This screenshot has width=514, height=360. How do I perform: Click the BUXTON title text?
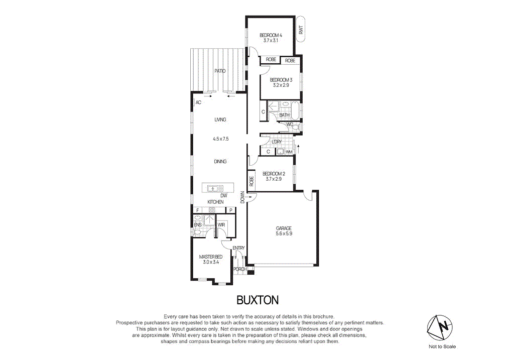258,300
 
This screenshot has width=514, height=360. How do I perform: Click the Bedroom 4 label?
271,35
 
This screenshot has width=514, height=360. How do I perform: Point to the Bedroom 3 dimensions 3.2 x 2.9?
281,85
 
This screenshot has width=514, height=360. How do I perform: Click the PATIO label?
219,71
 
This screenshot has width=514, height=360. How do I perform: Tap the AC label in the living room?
198,102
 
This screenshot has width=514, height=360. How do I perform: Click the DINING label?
220,162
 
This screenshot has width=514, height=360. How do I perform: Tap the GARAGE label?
284,228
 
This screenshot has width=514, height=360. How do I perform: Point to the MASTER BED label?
211,257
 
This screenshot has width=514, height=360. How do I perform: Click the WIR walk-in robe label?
221,224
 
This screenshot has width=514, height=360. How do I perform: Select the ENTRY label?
238,248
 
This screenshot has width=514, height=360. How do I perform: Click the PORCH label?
240,269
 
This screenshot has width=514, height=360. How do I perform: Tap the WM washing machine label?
289,151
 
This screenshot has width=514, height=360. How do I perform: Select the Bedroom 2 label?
274,174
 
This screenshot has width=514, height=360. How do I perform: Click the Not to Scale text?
442,346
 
